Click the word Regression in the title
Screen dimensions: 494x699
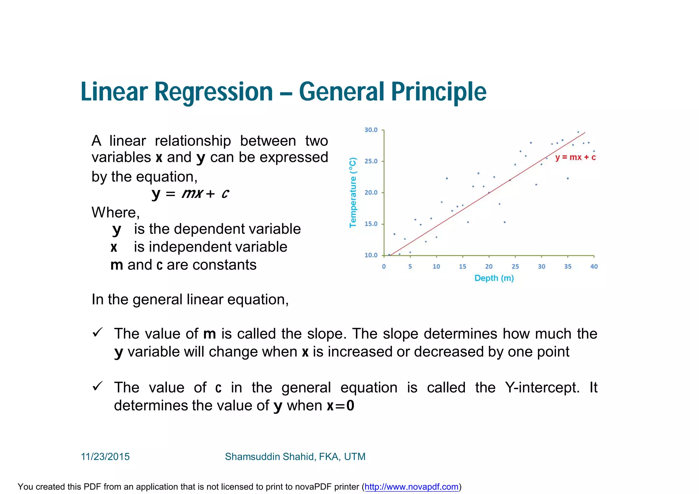click(x=213, y=92)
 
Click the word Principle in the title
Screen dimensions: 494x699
click(x=439, y=92)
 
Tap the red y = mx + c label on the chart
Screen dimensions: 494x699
click(x=575, y=157)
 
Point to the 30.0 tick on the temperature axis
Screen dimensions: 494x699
click(x=371, y=130)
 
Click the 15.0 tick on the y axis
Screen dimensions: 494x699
click(x=371, y=224)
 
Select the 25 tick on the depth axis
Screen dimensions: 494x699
click(x=515, y=267)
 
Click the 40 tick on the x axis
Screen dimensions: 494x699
click(x=594, y=267)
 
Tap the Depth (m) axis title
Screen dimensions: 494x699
click(x=494, y=278)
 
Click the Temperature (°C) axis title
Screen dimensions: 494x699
click(x=353, y=193)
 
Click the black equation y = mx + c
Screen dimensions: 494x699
click(x=190, y=194)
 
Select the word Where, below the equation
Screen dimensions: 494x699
click(x=116, y=213)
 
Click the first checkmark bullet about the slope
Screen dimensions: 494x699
click(x=98, y=332)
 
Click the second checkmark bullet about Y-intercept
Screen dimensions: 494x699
click(x=98, y=386)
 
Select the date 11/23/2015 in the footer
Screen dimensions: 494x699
click(x=105, y=457)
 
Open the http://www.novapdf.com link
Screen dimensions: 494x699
click(x=411, y=487)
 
